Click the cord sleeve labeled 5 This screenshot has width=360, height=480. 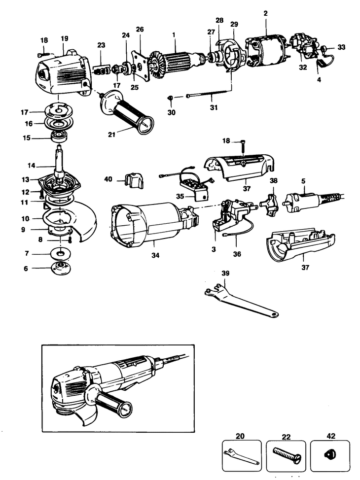[x=306, y=199]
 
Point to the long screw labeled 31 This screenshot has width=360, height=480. [x=207, y=94]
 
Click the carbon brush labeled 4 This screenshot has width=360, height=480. [x=324, y=63]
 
